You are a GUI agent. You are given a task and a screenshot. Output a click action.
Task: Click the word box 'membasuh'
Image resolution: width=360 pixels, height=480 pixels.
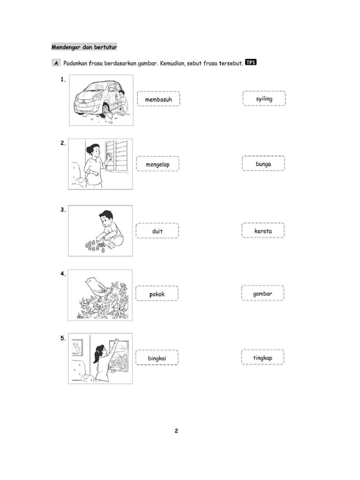tap(158, 99)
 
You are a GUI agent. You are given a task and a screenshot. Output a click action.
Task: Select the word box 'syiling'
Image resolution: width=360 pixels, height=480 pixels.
tap(264, 98)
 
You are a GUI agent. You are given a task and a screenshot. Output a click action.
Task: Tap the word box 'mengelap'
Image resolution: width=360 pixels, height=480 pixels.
tap(157, 164)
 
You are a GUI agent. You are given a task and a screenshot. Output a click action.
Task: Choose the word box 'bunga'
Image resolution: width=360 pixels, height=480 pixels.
tap(263, 163)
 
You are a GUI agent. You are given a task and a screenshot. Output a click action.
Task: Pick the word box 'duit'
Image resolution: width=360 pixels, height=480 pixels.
tap(157, 231)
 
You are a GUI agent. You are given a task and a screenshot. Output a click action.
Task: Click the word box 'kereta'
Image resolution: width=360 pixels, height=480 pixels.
tap(263, 230)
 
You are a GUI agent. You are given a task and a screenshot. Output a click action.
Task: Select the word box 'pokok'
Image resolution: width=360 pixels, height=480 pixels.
tap(157, 293)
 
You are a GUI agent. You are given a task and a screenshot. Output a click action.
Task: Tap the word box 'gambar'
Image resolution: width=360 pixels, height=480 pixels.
tap(262, 293)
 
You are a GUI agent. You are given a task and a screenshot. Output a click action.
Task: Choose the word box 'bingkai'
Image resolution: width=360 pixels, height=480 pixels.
tap(157, 358)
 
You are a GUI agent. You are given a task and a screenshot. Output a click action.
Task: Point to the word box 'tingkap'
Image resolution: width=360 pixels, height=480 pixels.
tap(262, 357)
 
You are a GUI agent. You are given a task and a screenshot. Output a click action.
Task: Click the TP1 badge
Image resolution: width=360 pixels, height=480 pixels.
tap(251, 62)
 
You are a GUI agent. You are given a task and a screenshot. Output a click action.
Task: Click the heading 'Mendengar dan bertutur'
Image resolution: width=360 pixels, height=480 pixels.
tap(84, 47)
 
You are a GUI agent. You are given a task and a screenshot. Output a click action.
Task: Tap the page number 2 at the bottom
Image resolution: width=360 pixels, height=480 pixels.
tap(176, 431)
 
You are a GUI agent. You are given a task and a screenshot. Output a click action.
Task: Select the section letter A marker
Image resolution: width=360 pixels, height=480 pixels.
tap(56, 63)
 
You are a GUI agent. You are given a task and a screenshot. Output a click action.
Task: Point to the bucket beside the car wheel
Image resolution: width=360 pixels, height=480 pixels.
tap(109, 117)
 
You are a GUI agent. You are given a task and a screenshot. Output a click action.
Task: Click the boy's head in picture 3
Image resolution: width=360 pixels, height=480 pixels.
tap(106, 217)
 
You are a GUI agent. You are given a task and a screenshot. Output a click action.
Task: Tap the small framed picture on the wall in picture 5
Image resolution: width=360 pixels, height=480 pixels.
tap(77, 347)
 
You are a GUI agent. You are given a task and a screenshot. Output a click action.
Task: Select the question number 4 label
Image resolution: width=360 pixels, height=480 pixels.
tap(63, 274)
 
